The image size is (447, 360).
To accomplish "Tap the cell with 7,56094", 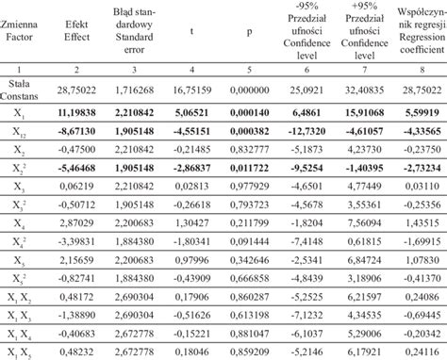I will (x=358, y=248).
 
